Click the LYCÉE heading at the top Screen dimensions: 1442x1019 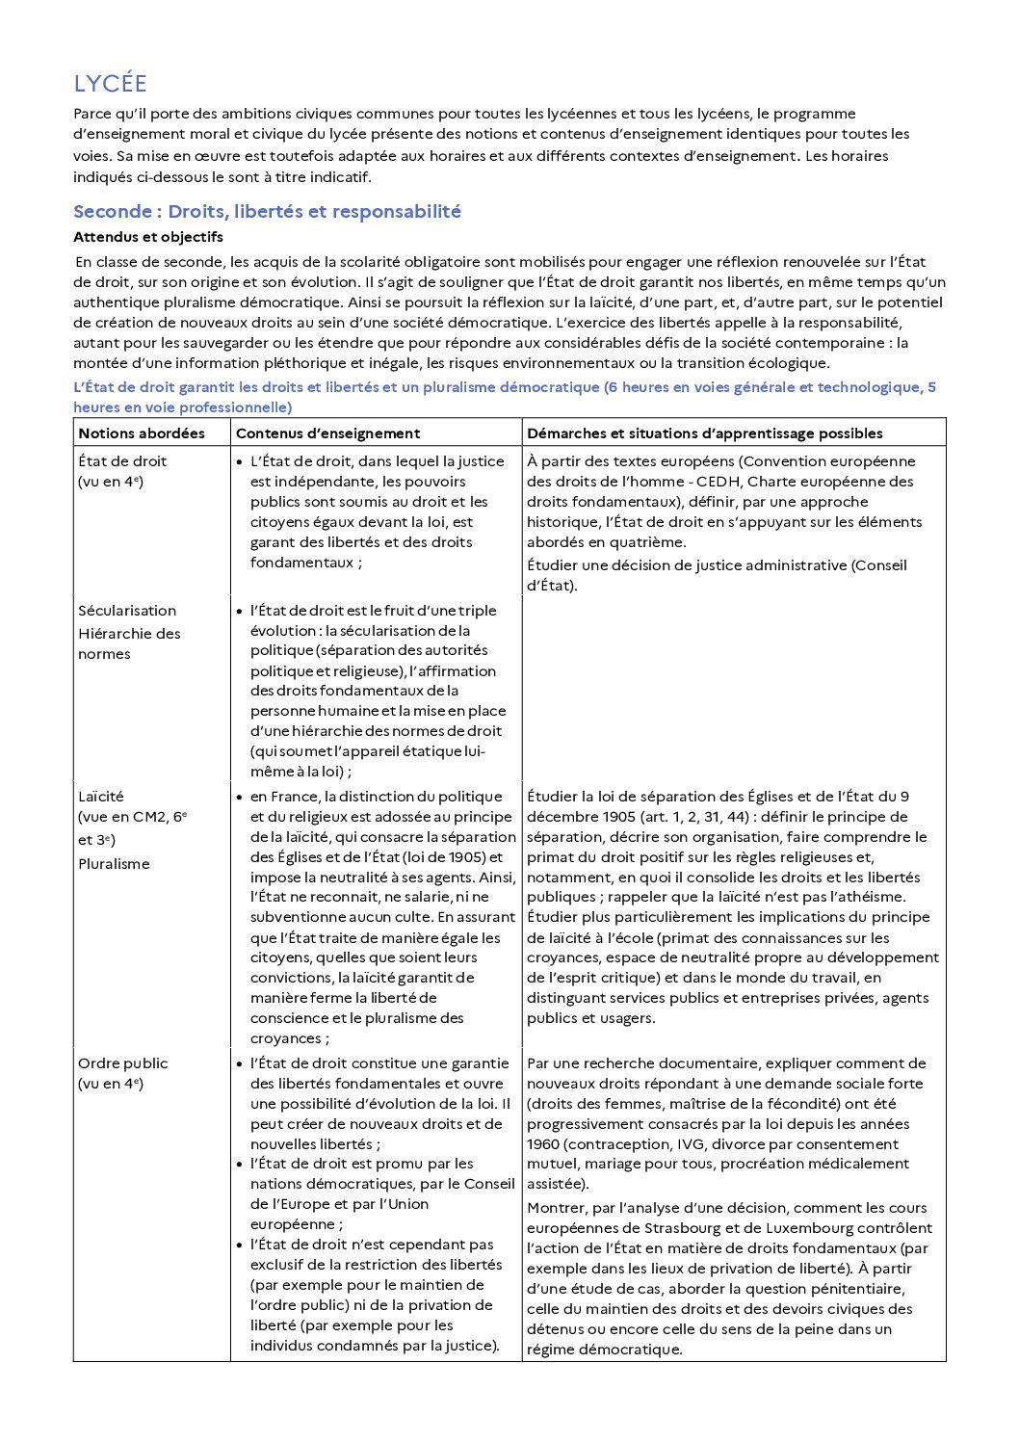[x=110, y=84]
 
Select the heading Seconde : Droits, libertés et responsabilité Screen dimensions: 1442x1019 [x=267, y=212]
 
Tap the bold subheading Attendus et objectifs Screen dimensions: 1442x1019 [x=147, y=237]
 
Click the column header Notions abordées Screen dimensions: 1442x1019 [x=142, y=433]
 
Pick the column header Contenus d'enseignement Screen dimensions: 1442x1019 [x=327, y=433]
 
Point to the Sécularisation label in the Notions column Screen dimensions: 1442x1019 [x=127, y=611]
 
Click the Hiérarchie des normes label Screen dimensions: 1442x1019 [x=129, y=643]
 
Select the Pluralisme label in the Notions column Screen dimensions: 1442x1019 [x=114, y=864]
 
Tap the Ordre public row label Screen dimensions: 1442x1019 [x=122, y=1063]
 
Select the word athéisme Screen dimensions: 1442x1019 [x=873, y=897]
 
